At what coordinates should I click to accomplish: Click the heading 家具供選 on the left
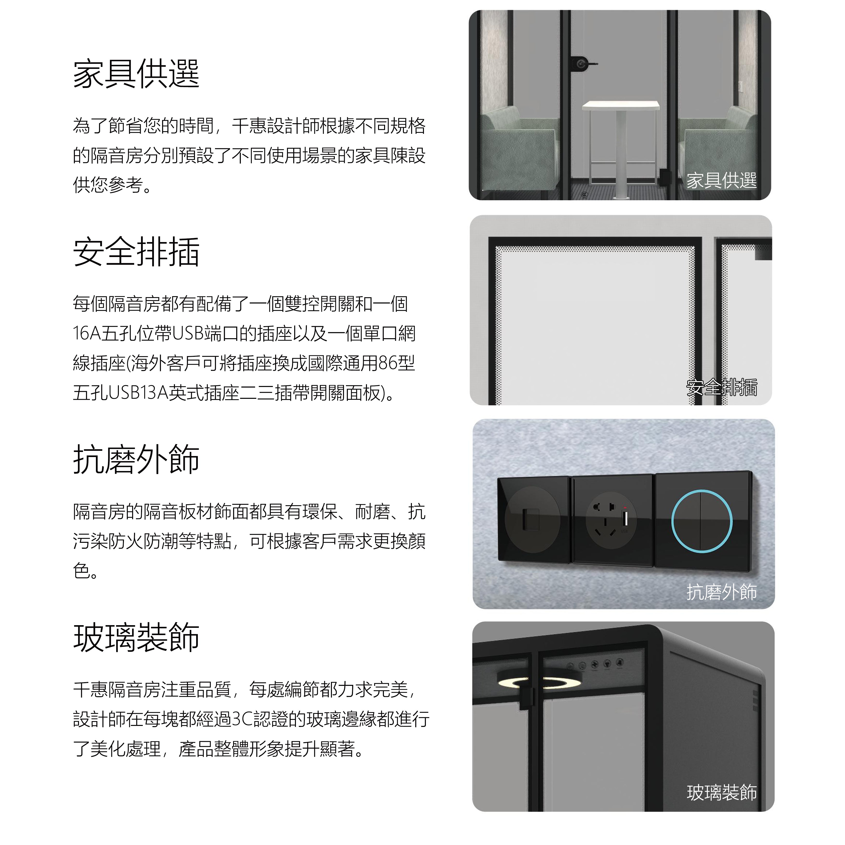coord(136,74)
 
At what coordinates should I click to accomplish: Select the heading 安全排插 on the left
coord(136,252)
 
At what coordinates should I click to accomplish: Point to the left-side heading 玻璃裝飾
coord(136,638)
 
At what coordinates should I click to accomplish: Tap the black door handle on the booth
coord(583,64)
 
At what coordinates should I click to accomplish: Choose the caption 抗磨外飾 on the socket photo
coord(721,592)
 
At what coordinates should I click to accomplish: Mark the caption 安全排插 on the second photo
coord(721,387)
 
